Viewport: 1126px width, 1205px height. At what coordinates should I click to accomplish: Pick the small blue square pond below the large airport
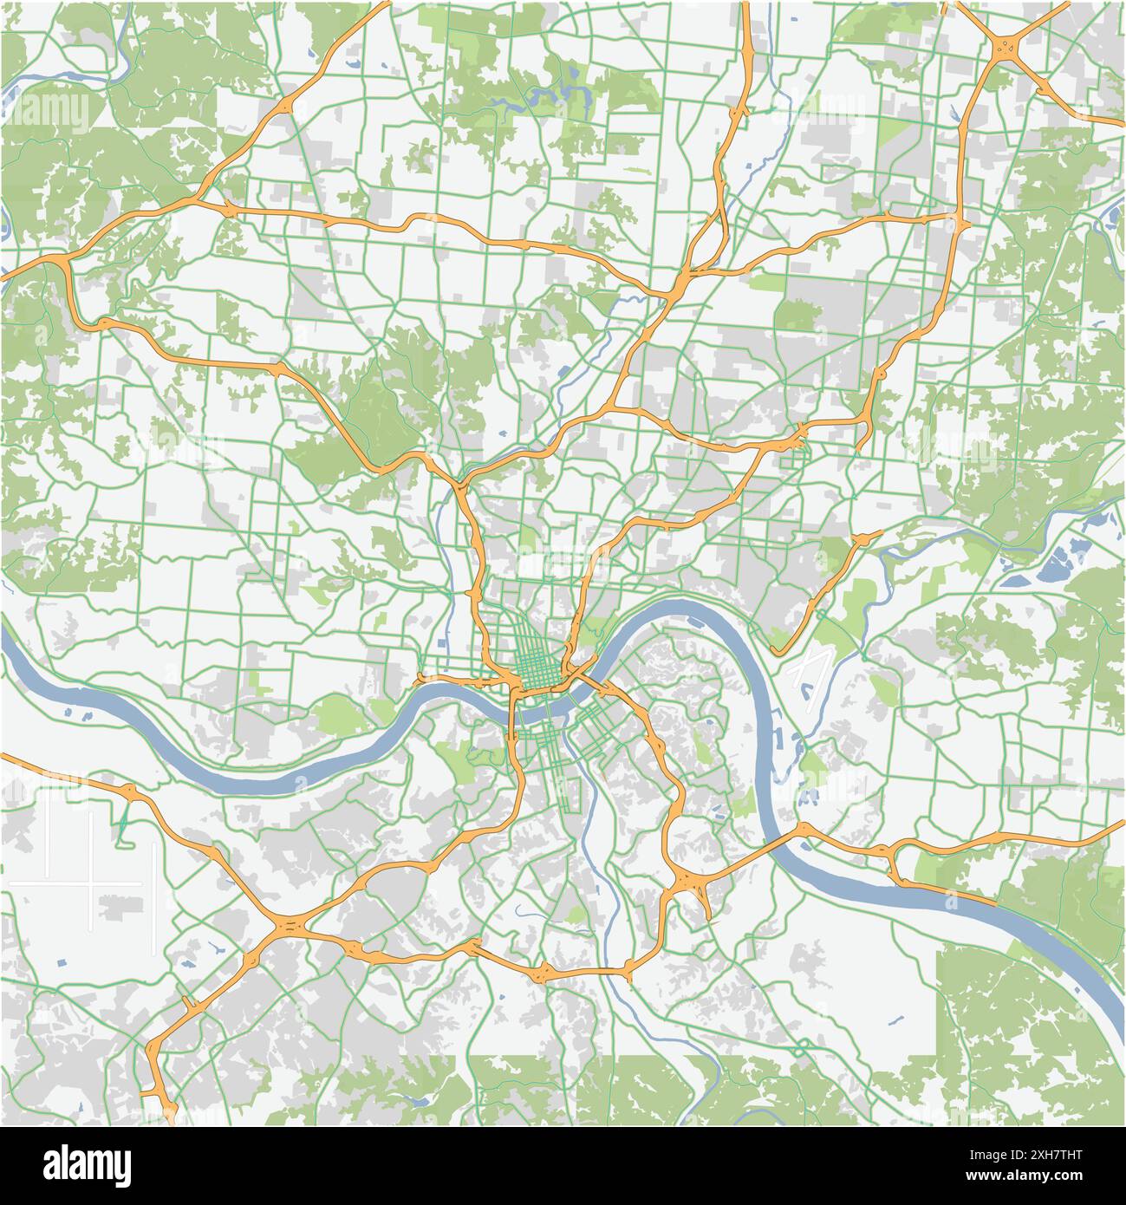(61, 963)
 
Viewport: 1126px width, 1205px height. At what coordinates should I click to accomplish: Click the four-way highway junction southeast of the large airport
(287, 928)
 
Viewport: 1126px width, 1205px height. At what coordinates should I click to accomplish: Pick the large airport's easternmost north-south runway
(155, 876)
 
